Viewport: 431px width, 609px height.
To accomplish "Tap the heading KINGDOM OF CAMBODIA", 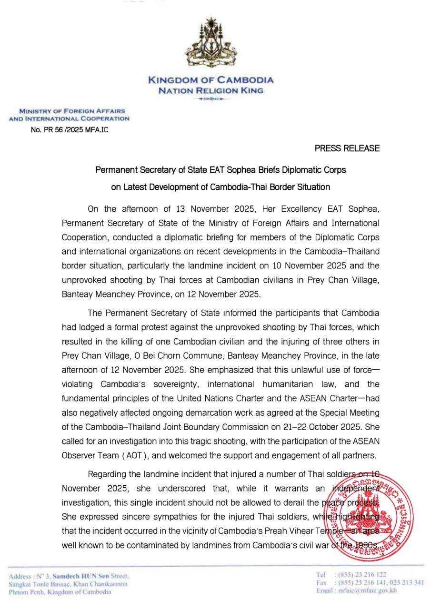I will [210, 80].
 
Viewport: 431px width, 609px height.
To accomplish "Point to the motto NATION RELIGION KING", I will [210, 90].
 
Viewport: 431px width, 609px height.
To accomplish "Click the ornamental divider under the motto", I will [210, 99].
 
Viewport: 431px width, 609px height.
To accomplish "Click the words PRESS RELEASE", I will [347, 148].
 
